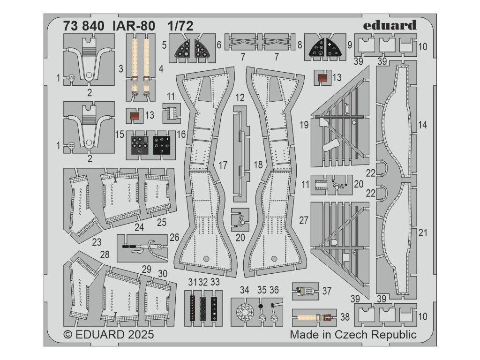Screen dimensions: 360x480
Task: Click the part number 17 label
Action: pyautogui.click(x=223, y=165)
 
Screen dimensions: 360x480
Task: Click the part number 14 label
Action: pyautogui.click(x=422, y=125)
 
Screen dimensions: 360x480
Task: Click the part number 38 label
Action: pyautogui.click(x=345, y=317)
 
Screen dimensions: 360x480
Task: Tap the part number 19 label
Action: pyautogui.click(x=304, y=125)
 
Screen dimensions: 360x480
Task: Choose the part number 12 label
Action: pyautogui.click(x=240, y=98)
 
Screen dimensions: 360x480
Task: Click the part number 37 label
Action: pyautogui.click(x=327, y=291)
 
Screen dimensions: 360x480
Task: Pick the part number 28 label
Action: pyautogui.click(x=105, y=255)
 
